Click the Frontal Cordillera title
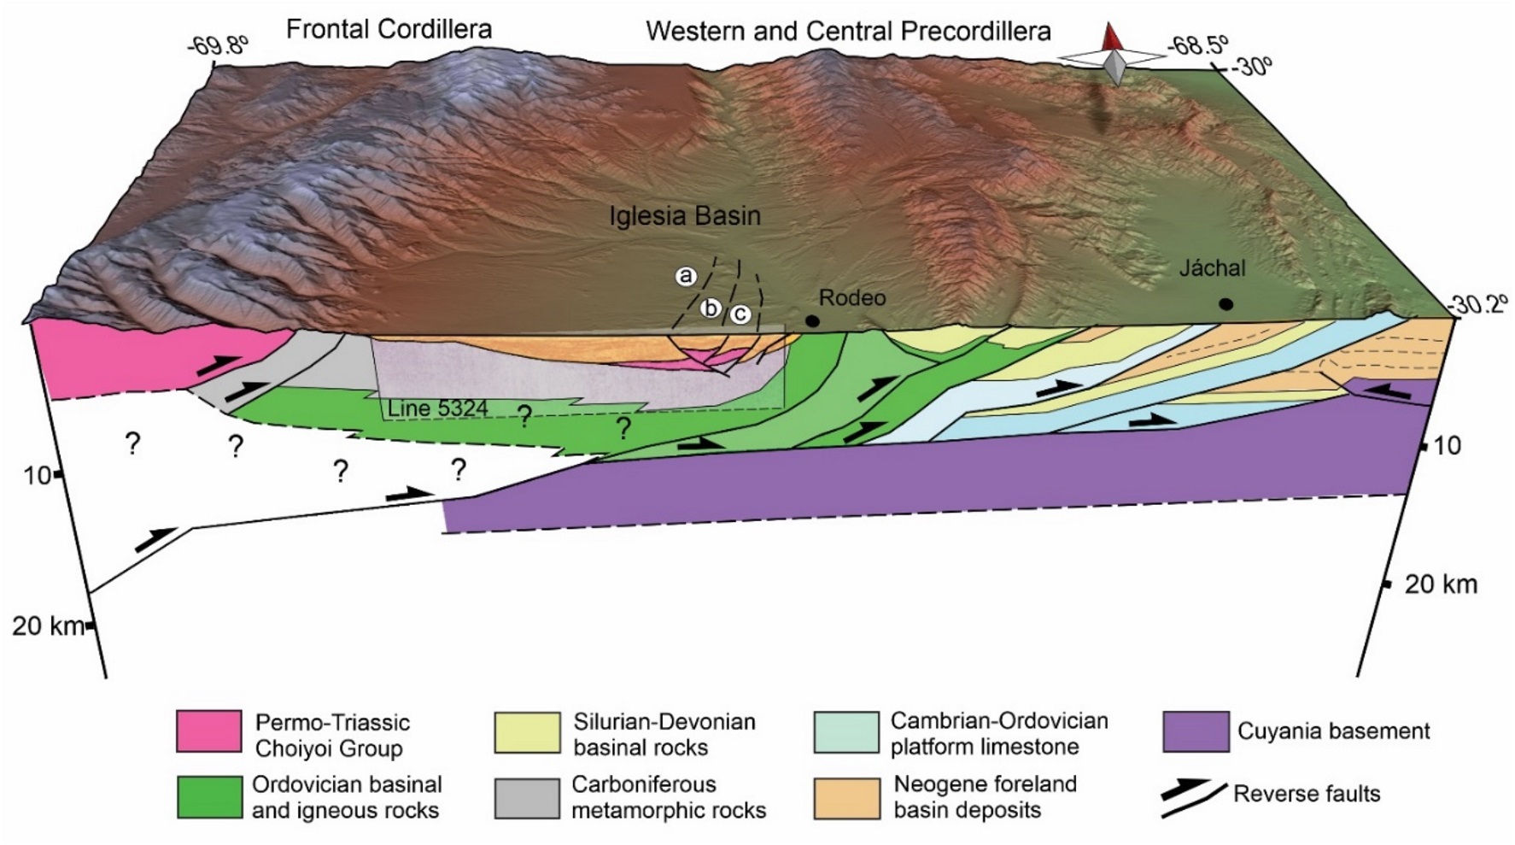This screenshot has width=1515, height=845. coord(389,29)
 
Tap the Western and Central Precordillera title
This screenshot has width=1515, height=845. coord(848,32)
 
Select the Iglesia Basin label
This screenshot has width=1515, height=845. coord(684,215)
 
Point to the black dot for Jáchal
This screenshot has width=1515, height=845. coord(1225,304)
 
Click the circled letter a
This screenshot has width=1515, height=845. coord(685,276)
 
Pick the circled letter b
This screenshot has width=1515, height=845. coord(711,308)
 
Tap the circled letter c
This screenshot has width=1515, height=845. coord(740,314)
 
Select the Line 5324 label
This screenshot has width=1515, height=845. coord(437,408)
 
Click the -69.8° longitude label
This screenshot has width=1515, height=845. coord(219,44)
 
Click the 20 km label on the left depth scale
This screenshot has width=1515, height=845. coord(48,626)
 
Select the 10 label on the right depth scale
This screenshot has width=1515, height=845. coord(1445,445)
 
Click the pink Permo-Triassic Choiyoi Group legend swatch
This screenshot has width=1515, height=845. coord(208,732)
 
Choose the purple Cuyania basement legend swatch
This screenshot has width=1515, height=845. coord(1196,732)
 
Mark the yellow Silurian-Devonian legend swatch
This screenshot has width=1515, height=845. coord(526,732)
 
